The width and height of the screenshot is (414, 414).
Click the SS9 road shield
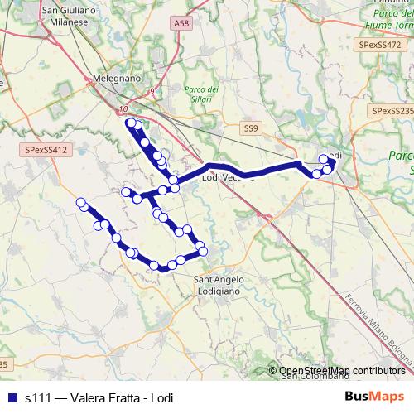tap(251, 128)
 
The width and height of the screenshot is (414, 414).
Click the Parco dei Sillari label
tap(201, 94)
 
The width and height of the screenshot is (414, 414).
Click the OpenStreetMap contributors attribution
tap(342, 370)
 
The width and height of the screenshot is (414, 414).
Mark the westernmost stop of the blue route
tap(81, 203)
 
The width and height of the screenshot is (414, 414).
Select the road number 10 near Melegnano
tap(123, 108)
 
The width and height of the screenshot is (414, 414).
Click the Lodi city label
tap(335, 155)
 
